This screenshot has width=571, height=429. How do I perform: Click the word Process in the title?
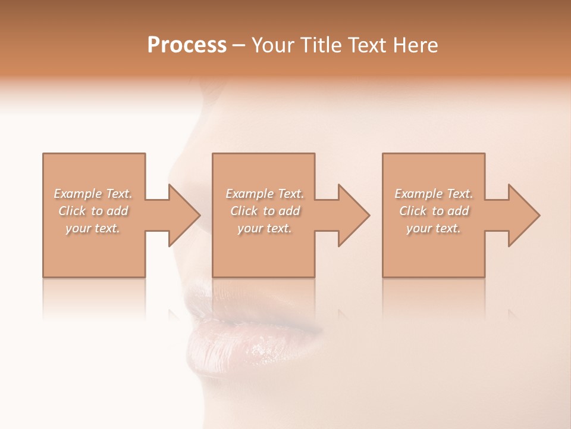(187, 45)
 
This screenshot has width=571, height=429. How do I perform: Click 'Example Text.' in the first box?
(93, 194)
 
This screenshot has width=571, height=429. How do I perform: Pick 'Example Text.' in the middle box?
(264, 194)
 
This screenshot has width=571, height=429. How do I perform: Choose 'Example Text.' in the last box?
(434, 194)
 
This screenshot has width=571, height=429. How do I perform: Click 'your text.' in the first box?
(93, 228)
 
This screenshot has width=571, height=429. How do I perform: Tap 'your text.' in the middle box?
(264, 228)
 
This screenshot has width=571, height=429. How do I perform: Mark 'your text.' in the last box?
(434, 228)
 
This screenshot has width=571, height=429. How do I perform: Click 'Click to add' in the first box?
(93, 211)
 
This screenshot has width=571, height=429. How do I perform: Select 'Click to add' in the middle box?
(264, 211)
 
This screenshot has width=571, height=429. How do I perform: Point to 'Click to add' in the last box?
(434, 211)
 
